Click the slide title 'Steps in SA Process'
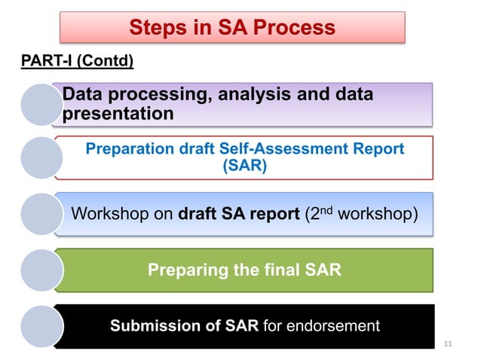tap(232, 28)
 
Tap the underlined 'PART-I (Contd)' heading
tap(76, 60)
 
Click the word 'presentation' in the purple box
tap(119, 114)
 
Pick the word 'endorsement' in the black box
tap(335, 325)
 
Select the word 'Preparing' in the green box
tap(184, 269)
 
